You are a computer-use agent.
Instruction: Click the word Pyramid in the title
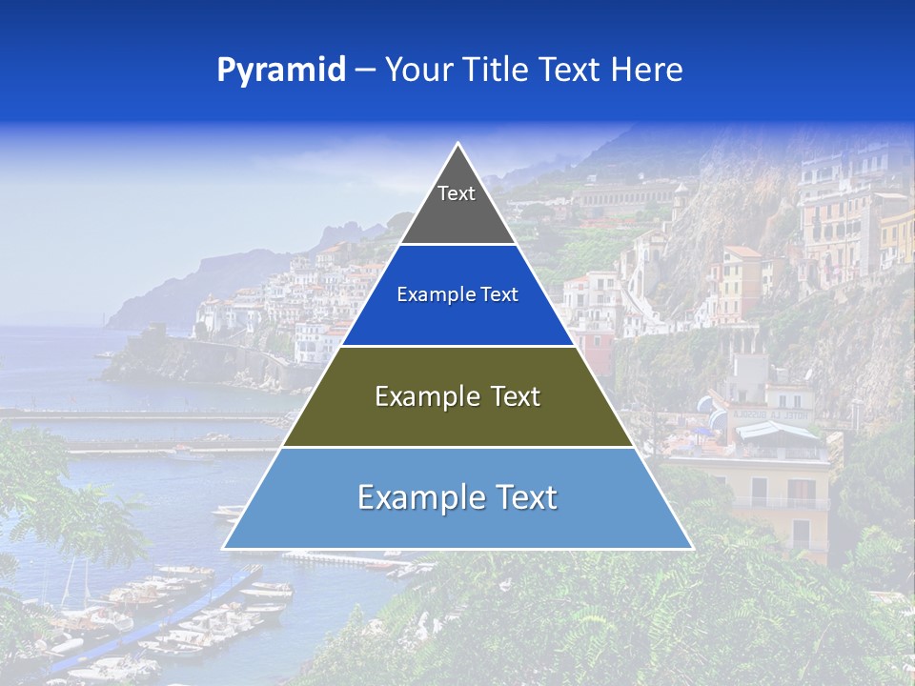pyautogui.click(x=280, y=71)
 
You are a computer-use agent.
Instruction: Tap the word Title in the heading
pyautogui.click(x=495, y=71)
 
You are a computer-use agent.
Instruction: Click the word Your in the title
pyautogui.click(x=417, y=71)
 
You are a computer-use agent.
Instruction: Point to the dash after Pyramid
pyautogui.click(x=365, y=71)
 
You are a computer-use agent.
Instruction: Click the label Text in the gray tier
pyautogui.click(x=457, y=193)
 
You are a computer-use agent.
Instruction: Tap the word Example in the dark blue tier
pyautogui.click(x=428, y=295)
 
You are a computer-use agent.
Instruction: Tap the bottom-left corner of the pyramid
pyautogui.click(x=224, y=548)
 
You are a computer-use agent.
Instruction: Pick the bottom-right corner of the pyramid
pyautogui.click(x=692, y=548)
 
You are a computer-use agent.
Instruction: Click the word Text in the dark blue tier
pyautogui.click(x=498, y=295)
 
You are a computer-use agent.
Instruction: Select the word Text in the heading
pyautogui.click(x=569, y=71)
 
